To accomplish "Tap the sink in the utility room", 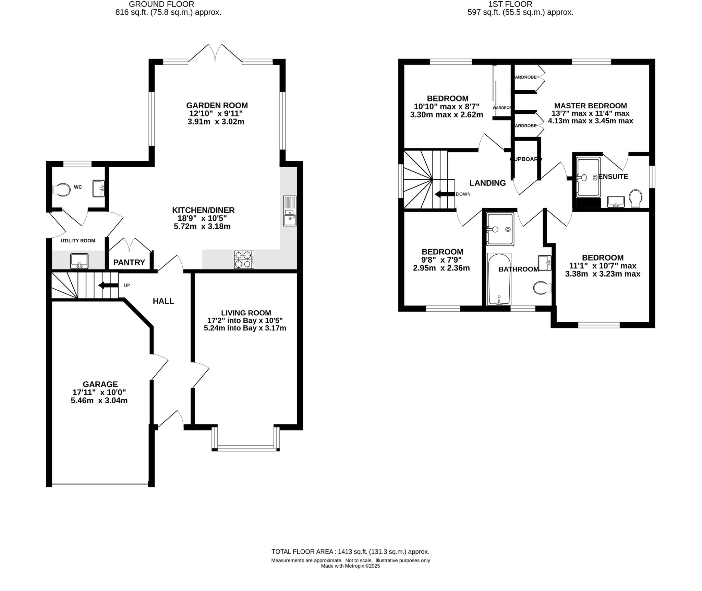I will pyautogui.click(x=79, y=261).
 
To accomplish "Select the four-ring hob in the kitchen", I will pyautogui.click(x=244, y=260).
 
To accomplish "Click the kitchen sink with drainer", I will pyautogui.click(x=290, y=211).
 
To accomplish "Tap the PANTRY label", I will pyautogui.click(x=129, y=263).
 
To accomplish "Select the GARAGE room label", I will pyautogui.click(x=100, y=384).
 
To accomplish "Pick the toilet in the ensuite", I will pyautogui.click(x=636, y=198).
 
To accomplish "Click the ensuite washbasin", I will pyautogui.click(x=616, y=202).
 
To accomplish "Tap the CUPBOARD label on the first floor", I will pyautogui.click(x=525, y=159).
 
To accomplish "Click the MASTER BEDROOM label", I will pyautogui.click(x=590, y=106).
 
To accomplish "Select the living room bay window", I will pyautogui.click(x=246, y=447).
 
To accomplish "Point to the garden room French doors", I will pyautogui.click(x=215, y=55).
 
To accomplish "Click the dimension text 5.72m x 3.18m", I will pyautogui.click(x=202, y=227).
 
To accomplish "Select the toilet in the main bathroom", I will pyautogui.click(x=542, y=288).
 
